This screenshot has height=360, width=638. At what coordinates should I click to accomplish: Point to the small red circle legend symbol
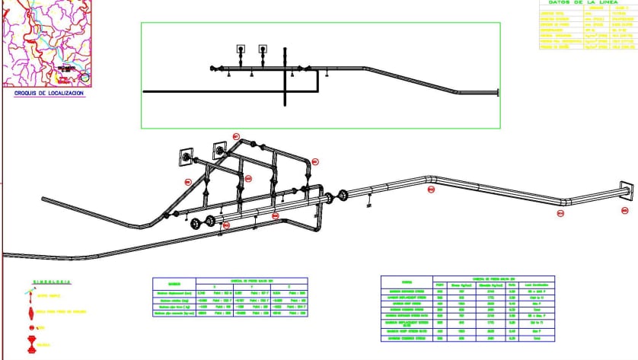[x=30, y=328]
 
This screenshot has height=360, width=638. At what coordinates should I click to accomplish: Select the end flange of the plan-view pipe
[x=498, y=93]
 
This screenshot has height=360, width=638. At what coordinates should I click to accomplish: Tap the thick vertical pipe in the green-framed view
[x=286, y=76]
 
